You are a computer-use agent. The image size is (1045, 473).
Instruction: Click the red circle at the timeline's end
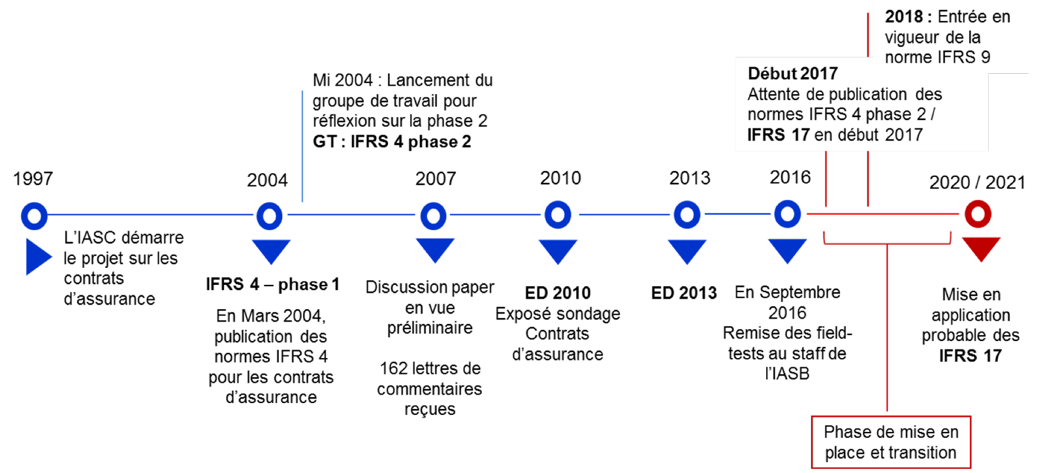click(x=978, y=214)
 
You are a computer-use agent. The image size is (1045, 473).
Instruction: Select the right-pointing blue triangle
click(x=37, y=257)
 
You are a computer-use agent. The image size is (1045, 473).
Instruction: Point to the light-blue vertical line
click(x=302, y=146)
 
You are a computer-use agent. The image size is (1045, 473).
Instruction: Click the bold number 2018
click(x=904, y=17)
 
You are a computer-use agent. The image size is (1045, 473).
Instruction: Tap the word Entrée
click(x=962, y=17)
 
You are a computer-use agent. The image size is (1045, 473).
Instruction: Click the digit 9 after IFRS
click(x=985, y=57)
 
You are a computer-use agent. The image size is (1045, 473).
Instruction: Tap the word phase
click(x=888, y=114)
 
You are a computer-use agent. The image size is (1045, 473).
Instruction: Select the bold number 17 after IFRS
click(x=800, y=135)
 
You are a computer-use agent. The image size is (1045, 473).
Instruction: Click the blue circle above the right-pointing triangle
click(x=35, y=216)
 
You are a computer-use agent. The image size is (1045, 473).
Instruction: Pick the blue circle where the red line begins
click(x=787, y=214)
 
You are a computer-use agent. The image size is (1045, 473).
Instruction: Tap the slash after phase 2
click(x=933, y=114)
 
